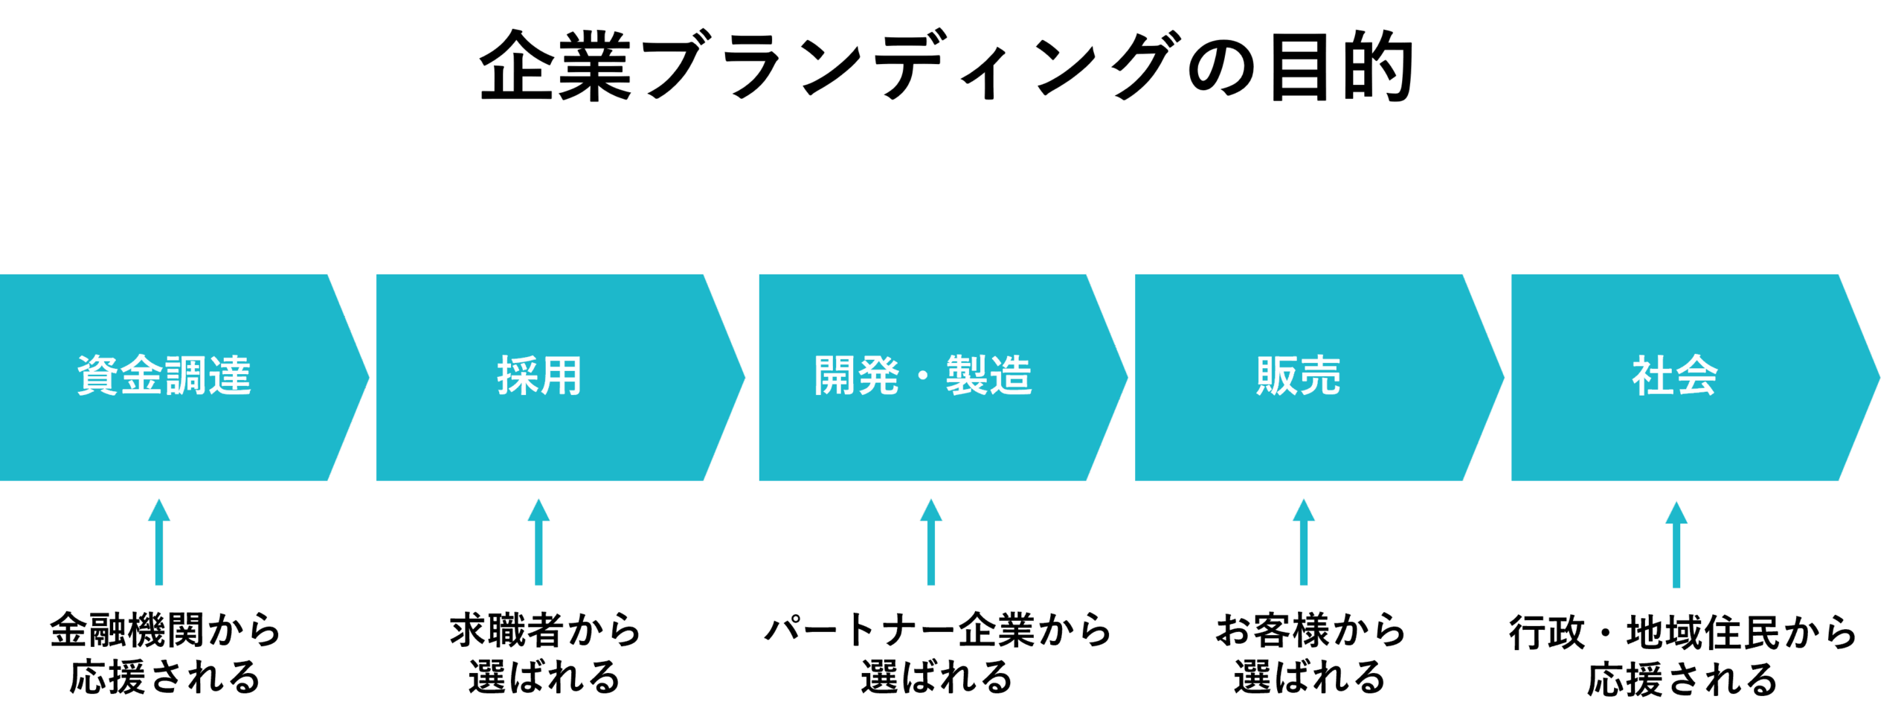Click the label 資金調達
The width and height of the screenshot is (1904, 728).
(164, 376)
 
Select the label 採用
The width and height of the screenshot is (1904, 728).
(539, 376)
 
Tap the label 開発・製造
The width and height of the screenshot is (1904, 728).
(923, 376)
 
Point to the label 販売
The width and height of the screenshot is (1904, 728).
(1299, 376)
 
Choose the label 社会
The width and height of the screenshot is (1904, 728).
(1675, 376)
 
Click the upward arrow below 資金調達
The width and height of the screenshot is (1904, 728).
(158, 542)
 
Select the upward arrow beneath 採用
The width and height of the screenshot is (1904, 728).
(538, 542)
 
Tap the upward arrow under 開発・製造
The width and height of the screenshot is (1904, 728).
(930, 542)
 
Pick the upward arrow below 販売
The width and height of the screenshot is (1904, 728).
(1304, 542)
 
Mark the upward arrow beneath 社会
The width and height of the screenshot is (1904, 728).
(1676, 544)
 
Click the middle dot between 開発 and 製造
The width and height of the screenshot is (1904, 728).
(923, 376)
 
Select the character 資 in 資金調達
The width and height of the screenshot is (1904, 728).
(98, 376)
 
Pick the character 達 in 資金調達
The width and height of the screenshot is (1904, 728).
(230, 376)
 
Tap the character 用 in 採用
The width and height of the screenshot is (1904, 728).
(562, 376)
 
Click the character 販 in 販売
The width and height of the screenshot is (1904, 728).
(1276, 376)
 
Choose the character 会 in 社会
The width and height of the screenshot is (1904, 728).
(1697, 376)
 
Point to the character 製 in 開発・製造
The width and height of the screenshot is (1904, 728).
(967, 376)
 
